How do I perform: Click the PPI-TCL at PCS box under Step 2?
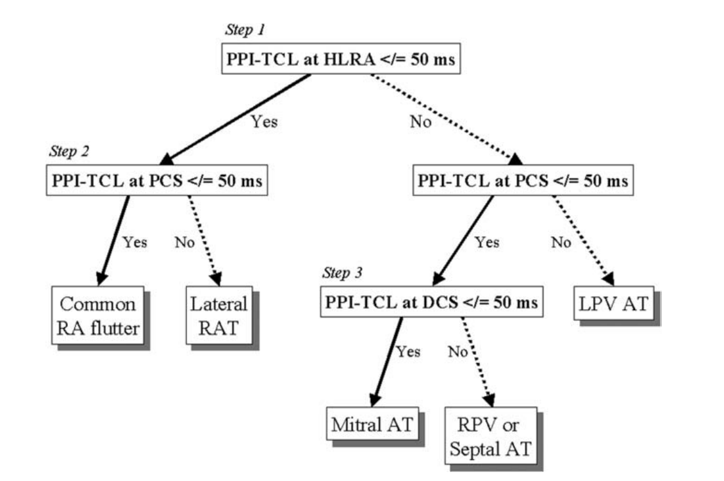(x=157, y=181)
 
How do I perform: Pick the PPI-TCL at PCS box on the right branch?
(x=522, y=181)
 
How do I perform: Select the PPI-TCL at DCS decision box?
(x=431, y=302)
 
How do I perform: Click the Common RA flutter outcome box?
(x=97, y=315)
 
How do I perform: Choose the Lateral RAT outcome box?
(x=220, y=315)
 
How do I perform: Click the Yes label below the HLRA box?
(x=265, y=122)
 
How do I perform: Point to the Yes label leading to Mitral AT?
(x=408, y=351)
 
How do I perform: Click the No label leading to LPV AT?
(x=561, y=242)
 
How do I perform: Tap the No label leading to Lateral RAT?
(x=184, y=242)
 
